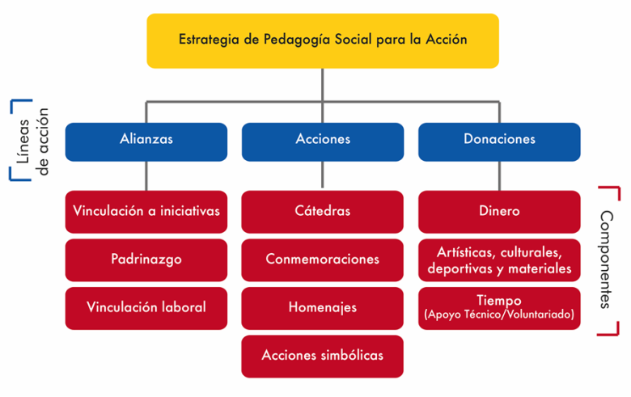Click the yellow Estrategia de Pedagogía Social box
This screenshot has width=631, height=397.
(323, 40)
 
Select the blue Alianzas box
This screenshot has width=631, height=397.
(146, 142)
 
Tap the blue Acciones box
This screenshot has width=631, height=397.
(323, 142)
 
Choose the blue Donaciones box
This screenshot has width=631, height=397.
(499, 142)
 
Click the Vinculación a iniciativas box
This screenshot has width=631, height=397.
(146, 212)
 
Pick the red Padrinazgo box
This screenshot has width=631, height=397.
(146, 260)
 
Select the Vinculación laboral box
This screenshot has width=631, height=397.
(146, 309)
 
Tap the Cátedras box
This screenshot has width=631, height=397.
(322, 212)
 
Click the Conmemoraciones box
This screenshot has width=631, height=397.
(322, 260)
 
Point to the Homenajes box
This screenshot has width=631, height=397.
(322, 309)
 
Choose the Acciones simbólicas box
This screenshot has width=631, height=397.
(322, 357)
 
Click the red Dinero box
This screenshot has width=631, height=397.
(499, 212)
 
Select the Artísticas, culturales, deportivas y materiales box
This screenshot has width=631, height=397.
(499, 260)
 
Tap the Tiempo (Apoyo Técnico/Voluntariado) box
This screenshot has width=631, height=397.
(499, 309)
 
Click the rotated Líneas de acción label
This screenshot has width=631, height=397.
(32, 141)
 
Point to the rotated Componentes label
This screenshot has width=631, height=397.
(606, 260)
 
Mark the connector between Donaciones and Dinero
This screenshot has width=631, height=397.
(499, 175)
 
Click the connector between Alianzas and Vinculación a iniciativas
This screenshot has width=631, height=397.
(146, 175)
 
